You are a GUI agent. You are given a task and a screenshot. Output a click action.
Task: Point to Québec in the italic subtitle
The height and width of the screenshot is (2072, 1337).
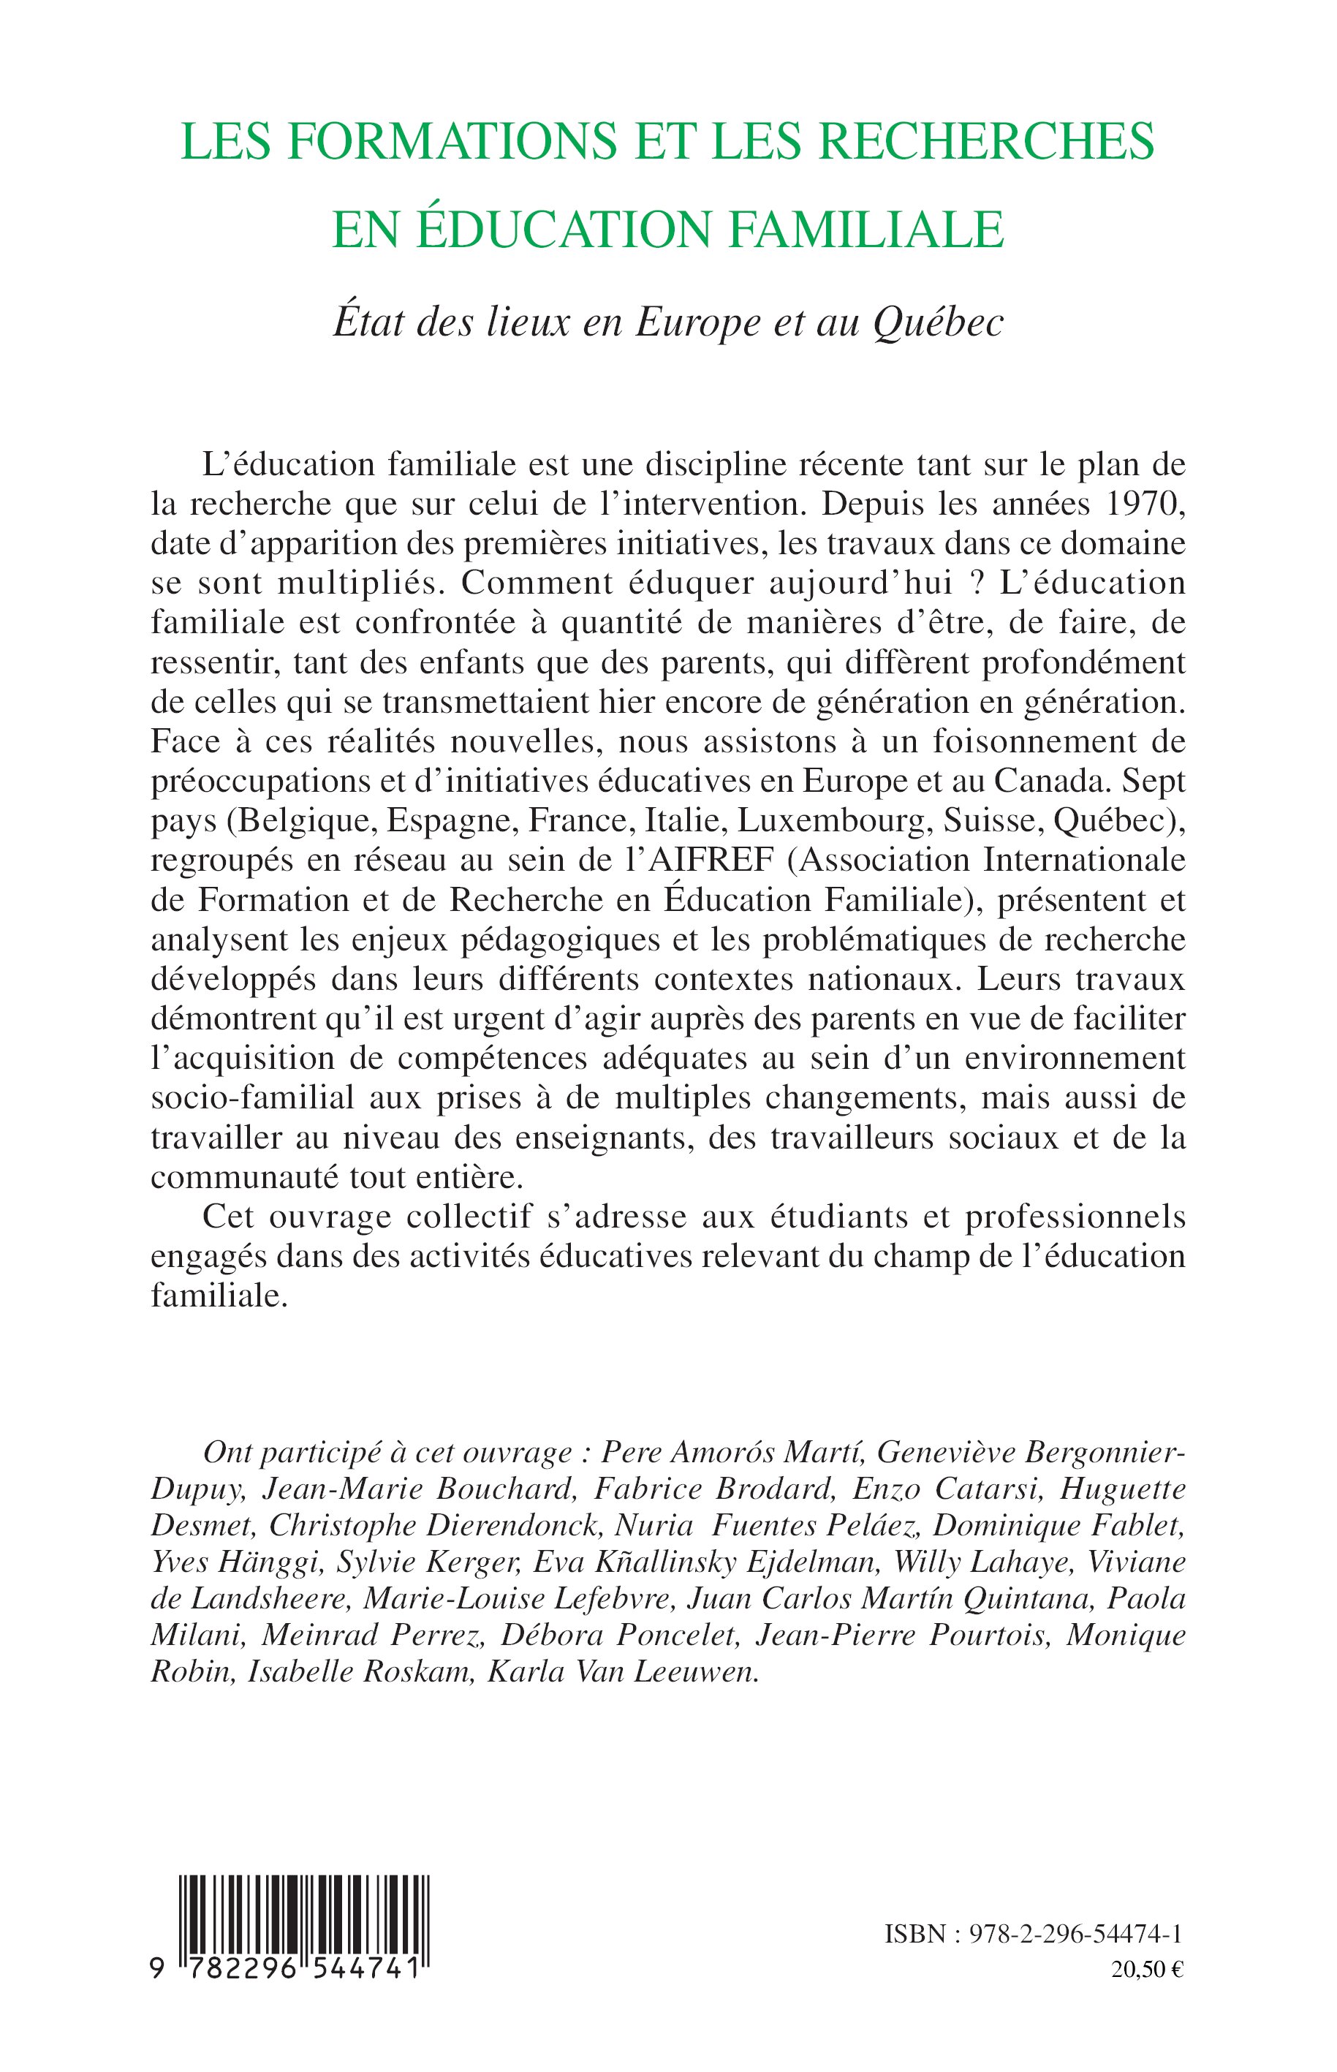click(x=938, y=323)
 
